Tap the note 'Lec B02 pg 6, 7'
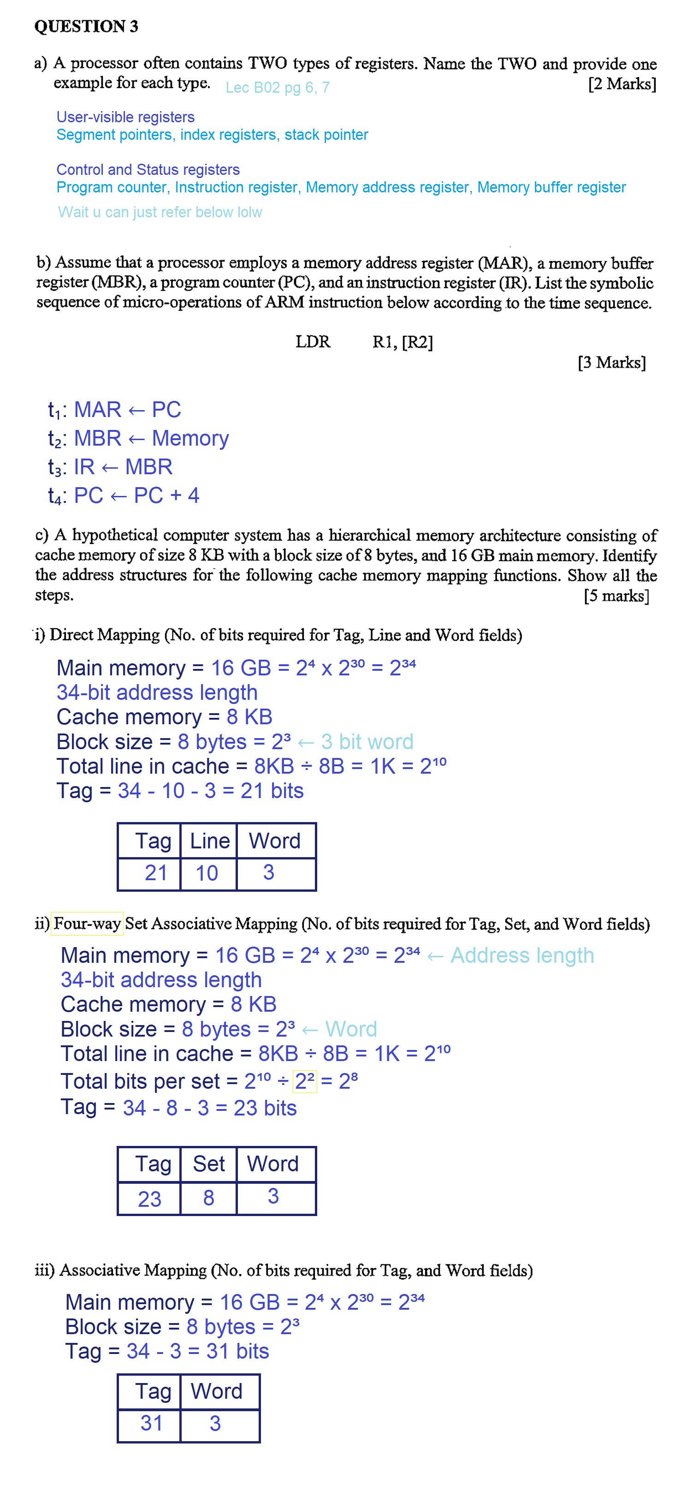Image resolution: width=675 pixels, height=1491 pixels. [277, 87]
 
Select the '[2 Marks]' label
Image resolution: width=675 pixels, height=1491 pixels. [622, 84]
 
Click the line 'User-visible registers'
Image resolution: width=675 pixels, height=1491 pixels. [125, 117]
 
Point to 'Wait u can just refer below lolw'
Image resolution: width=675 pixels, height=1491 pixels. [160, 212]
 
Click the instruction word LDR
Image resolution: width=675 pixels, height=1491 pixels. [313, 342]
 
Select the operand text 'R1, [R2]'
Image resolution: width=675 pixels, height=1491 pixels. [403, 343]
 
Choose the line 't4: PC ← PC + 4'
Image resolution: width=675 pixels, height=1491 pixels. [123, 496]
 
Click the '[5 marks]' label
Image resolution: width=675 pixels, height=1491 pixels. [616, 596]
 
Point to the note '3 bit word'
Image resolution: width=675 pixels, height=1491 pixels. [367, 742]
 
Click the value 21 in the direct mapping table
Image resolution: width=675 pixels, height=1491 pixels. [155, 873]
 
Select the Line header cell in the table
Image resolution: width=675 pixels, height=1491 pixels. [209, 841]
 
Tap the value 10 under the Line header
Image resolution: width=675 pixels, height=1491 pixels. [207, 873]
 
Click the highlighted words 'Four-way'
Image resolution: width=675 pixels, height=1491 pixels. [87, 923]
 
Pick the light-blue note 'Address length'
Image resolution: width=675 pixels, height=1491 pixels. [522, 955]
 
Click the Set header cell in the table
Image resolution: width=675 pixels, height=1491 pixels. [209, 1164]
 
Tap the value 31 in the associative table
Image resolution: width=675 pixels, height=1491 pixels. [152, 1423]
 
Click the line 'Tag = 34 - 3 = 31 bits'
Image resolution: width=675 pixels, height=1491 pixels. [167, 1352]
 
